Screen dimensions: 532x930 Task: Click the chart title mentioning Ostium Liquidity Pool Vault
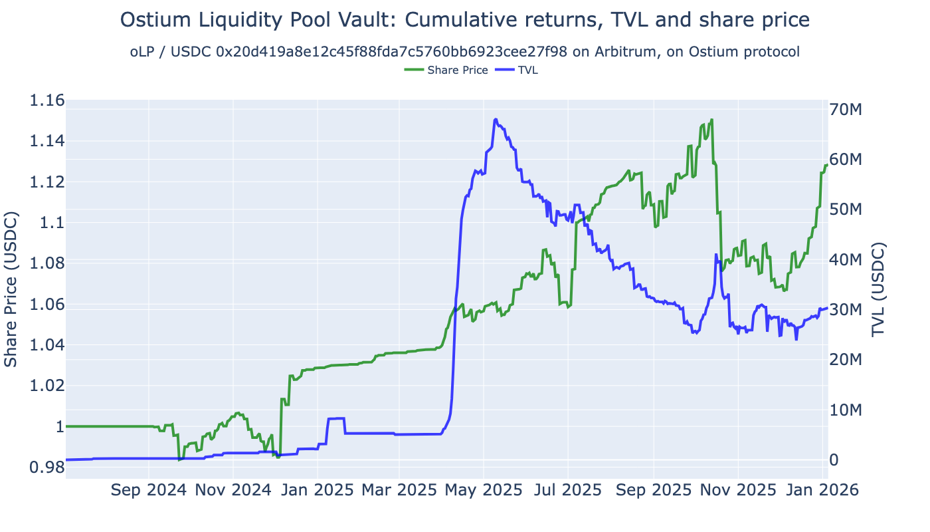click(464, 20)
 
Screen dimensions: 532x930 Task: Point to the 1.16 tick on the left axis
click(46, 100)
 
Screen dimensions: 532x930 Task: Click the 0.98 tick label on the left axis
click(46, 467)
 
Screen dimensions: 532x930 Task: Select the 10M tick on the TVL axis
click(848, 410)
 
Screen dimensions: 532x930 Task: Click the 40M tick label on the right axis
click(848, 259)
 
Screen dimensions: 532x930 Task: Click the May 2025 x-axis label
click(484, 490)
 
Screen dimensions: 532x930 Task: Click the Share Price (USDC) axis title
click(11, 289)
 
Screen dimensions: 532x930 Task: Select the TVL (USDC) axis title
click(879, 289)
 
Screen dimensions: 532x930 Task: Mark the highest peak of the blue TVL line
click(496, 120)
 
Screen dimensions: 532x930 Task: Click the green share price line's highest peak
click(711, 120)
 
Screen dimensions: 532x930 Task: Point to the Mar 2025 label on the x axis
click(399, 490)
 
